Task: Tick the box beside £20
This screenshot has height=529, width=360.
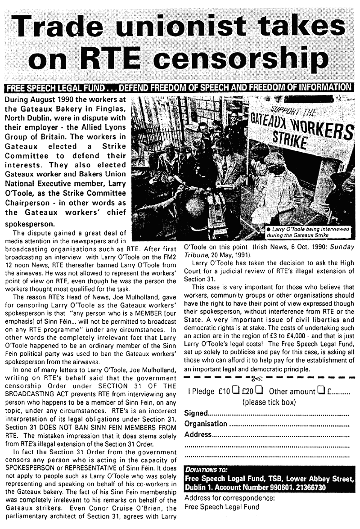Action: [x=259, y=391]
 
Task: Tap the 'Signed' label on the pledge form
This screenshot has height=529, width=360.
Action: [x=197, y=414]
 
